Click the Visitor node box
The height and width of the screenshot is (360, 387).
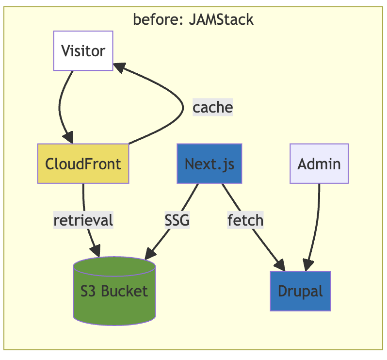pyautogui.click(x=83, y=51)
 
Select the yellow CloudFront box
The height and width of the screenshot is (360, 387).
pyautogui.click(x=83, y=164)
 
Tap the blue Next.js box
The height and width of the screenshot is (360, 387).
pyautogui.click(x=209, y=164)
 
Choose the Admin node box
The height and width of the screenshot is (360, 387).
pyautogui.click(x=319, y=164)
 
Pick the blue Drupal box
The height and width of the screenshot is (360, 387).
pyautogui.click(x=300, y=291)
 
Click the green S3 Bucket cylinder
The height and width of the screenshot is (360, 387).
pyautogui.click(x=114, y=291)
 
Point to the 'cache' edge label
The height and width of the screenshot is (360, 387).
pyautogui.click(x=212, y=107)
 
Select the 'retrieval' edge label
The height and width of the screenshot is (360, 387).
pyautogui.click(x=83, y=220)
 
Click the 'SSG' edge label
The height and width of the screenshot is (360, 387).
pyautogui.click(x=177, y=220)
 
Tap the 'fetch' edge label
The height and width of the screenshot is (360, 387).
pyautogui.click(x=245, y=220)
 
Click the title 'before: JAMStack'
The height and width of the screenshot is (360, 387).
pyautogui.click(x=193, y=19)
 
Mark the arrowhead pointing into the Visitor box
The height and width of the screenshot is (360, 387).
pyautogui.click(x=119, y=66)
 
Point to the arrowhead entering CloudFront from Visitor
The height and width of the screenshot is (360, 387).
pyautogui.click(x=68, y=138)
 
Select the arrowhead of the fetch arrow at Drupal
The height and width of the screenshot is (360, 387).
pyautogui.click(x=280, y=265)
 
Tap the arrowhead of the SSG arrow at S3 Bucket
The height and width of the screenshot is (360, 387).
pyautogui.click(x=150, y=253)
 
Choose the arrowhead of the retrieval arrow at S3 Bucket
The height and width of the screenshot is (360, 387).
pyautogui.click(x=95, y=251)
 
